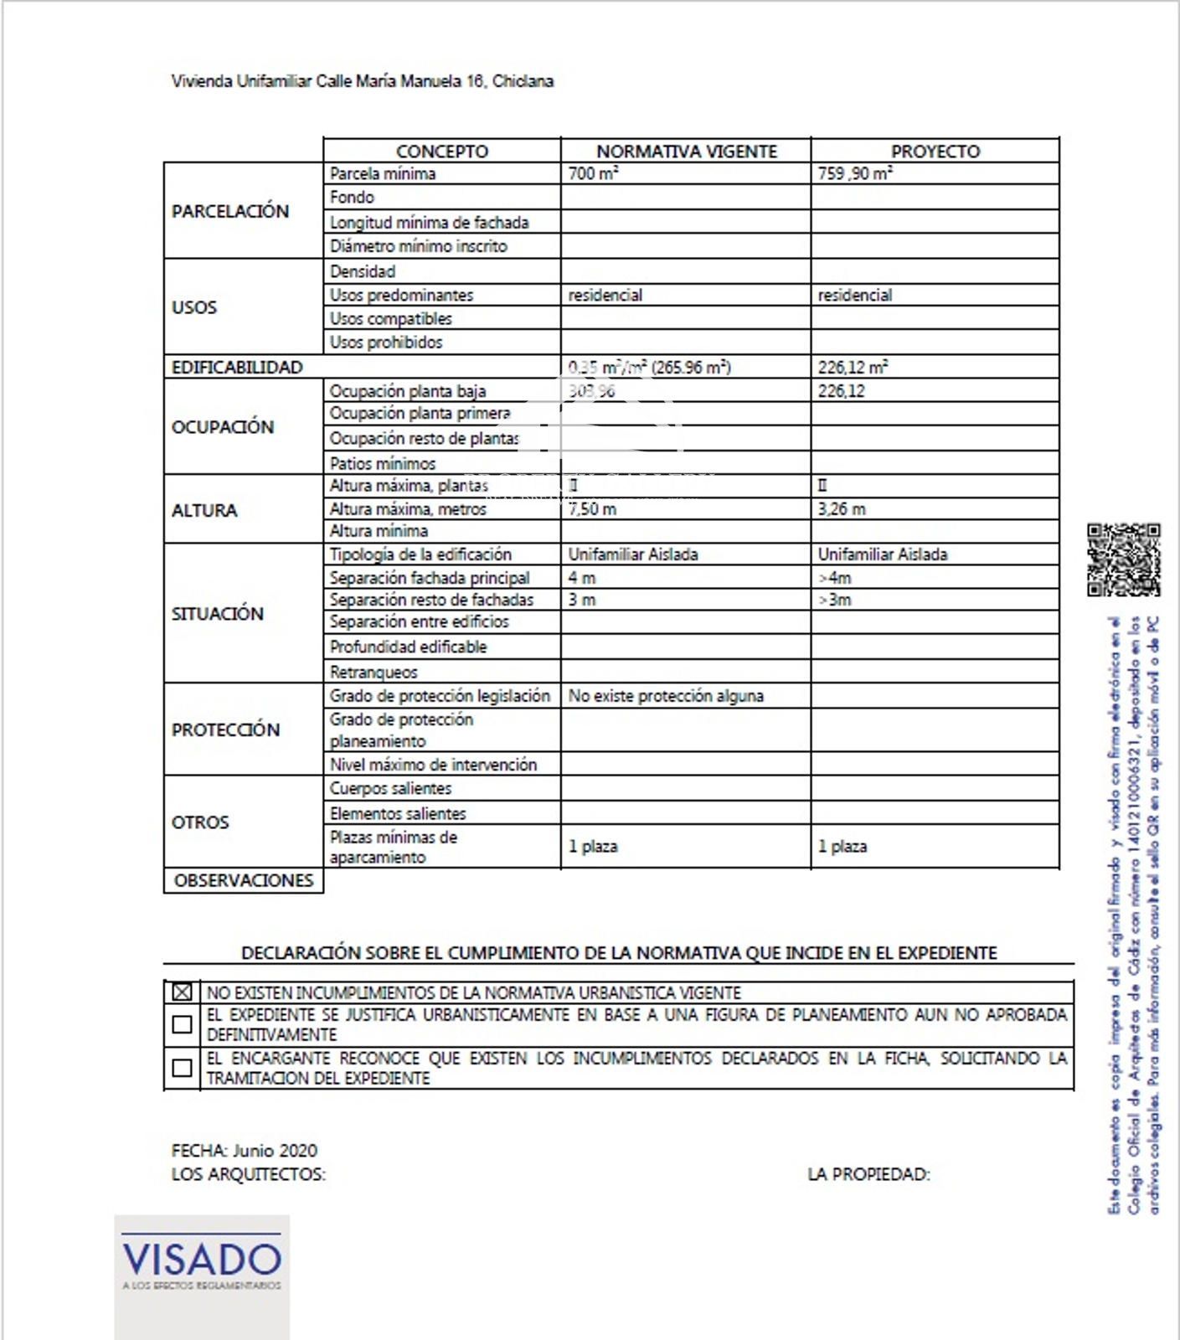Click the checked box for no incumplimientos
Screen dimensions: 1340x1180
click(x=182, y=992)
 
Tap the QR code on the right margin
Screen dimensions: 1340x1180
click(x=1123, y=559)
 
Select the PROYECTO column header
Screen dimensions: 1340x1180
click(x=935, y=152)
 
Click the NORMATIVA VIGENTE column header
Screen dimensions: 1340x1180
click(x=686, y=152)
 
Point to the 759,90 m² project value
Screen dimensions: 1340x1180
click(x=854, y=174)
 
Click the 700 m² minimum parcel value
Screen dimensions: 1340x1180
click(x=593, y=174)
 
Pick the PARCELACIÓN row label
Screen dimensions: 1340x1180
click(x=230, y=211)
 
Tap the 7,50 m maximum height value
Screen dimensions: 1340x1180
click(x=592, y=509)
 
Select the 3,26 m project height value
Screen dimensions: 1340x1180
click(x=842, y=509)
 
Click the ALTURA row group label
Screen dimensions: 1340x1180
click(x=204, y=510)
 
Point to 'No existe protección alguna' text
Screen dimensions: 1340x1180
click(x=666, y=696)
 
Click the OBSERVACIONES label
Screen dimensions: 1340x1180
click(x=243, y=880)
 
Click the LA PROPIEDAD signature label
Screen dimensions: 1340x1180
click(x=868, y=1174)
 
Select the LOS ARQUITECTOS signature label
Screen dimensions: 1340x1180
click(x=248, y=1174)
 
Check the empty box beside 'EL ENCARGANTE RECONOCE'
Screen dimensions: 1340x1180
click(x=182, y=1068)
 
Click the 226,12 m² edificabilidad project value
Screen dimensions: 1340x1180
click(x=853, y=368)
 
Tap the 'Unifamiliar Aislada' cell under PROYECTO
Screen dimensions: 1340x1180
click(x=882, y=554)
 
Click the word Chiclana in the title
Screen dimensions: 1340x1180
click(x=523, y=81)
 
